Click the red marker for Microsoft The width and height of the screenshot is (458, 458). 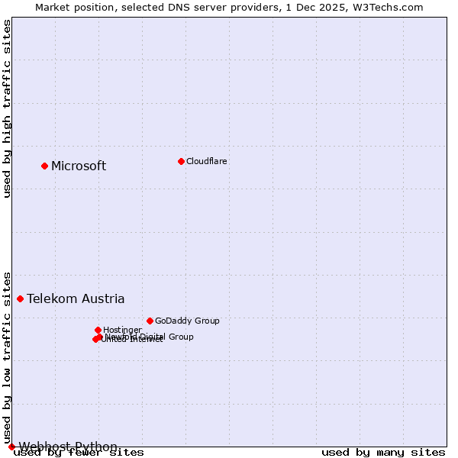click(44, 166)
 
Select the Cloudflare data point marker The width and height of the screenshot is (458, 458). click(181, 161)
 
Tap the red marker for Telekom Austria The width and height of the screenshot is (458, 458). click(20, 298)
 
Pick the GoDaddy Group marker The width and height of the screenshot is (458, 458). click(150, 321)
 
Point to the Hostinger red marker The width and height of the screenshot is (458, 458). click(98, 330)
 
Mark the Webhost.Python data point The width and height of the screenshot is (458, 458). click(11, 447)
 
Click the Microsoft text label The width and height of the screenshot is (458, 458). click(79, 166)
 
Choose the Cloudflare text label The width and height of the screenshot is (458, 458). click(207, 161)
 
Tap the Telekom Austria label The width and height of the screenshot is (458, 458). click(76, 298)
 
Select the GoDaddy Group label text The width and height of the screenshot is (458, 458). click(187, 321)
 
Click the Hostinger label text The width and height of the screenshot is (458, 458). click(122, 330)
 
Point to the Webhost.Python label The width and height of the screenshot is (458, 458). click(68, 447)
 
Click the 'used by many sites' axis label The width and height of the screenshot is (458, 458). click(383, 452)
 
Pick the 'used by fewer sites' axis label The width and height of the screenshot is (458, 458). click(79, 452)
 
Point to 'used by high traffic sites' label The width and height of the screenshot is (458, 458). click(7, 109)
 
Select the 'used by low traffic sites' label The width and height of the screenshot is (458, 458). click(7, 356)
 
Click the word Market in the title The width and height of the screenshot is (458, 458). click(55, 7)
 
